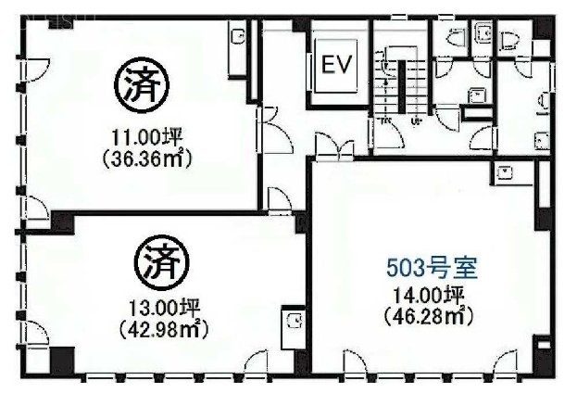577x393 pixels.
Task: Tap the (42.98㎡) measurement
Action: [x=163, y=327]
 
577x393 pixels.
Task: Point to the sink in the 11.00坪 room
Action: [x=234, y=44]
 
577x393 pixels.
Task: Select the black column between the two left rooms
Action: [x=61, y=222]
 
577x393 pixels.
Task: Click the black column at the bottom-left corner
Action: [x=60, y=359]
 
